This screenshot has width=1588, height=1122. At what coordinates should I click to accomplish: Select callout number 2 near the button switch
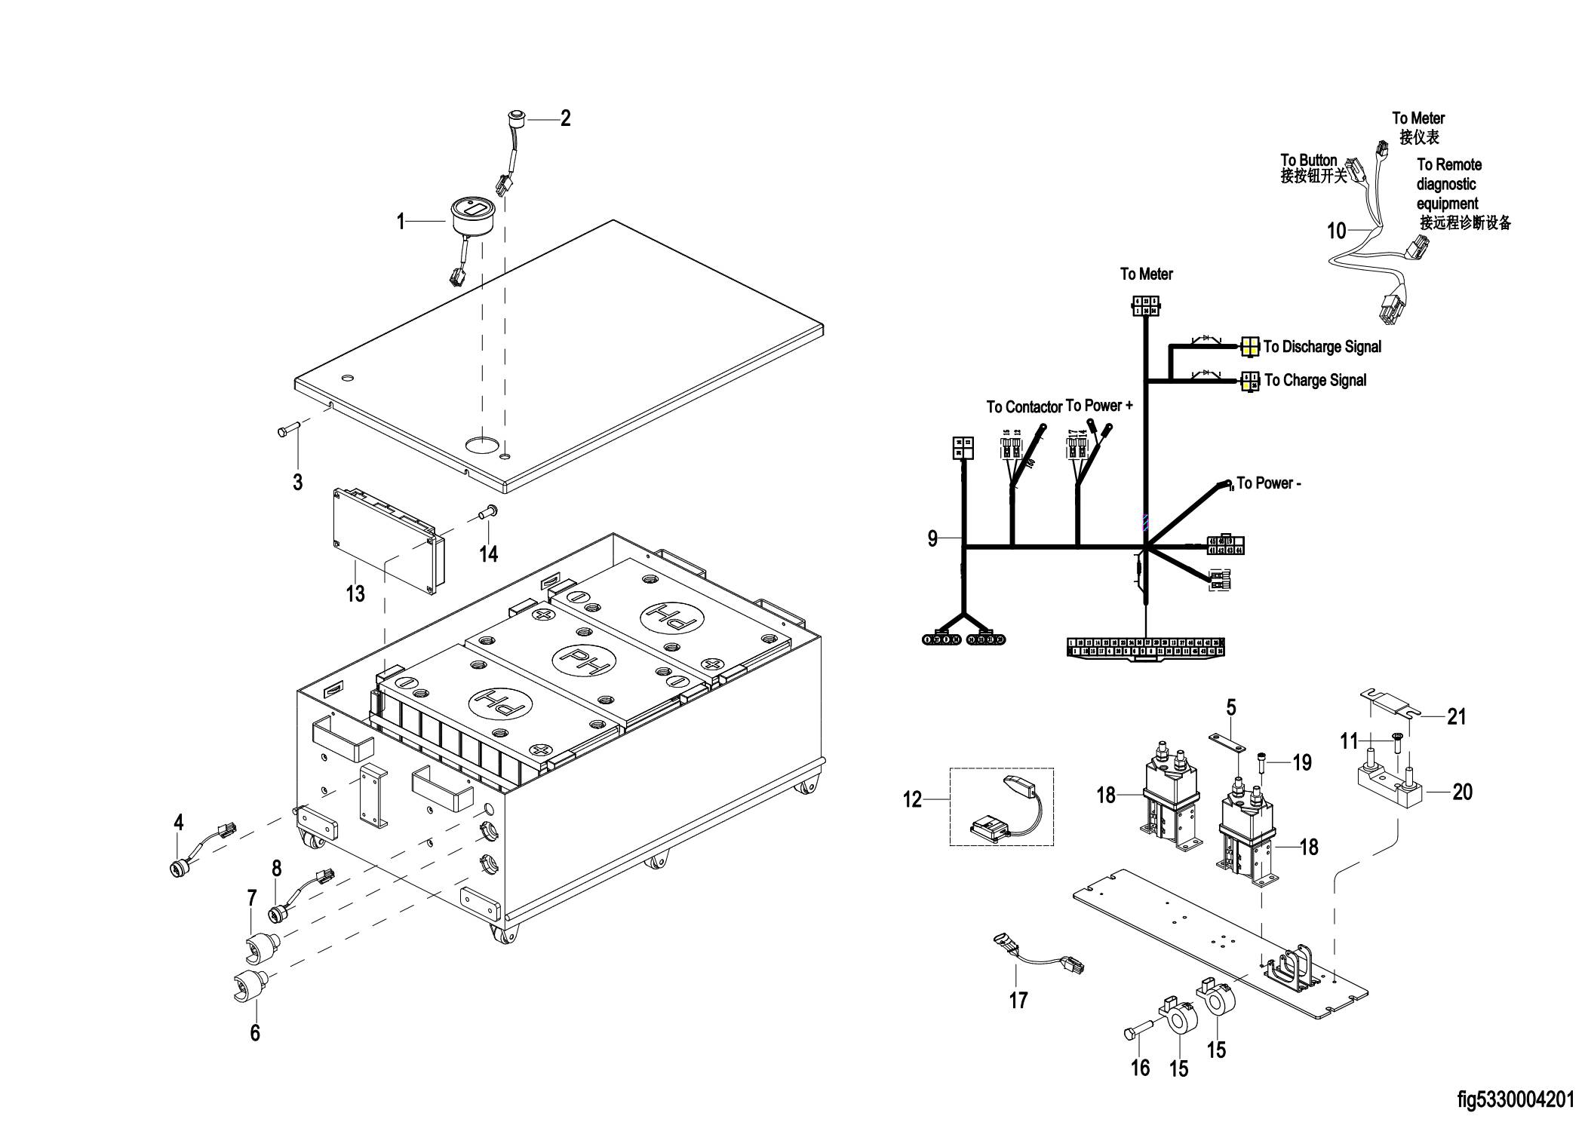pos(565,118)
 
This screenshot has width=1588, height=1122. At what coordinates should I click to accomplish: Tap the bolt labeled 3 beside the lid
pos(288,431)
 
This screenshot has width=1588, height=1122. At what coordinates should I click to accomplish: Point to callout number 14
pos(489,554)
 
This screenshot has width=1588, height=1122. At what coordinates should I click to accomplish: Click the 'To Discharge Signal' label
pos(1322,347)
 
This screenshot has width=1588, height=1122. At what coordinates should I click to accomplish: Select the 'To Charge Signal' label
pos(1315,381)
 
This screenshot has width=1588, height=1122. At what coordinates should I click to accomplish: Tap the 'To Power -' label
pos(1268,483)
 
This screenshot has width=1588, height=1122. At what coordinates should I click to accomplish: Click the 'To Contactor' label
pos(1024,407)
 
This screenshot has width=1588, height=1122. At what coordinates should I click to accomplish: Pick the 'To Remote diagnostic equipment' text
pos(1448,184)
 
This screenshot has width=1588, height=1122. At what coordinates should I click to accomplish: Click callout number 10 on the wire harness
pos(1336,231)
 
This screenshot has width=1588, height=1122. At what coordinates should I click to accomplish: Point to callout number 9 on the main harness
pos(932,539)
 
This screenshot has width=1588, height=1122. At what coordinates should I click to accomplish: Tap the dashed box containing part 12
pos(1001,807)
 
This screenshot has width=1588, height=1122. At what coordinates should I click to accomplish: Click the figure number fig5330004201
pos(1516,1100)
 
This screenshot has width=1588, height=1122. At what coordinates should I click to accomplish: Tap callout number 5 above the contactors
pos(1230,708)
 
